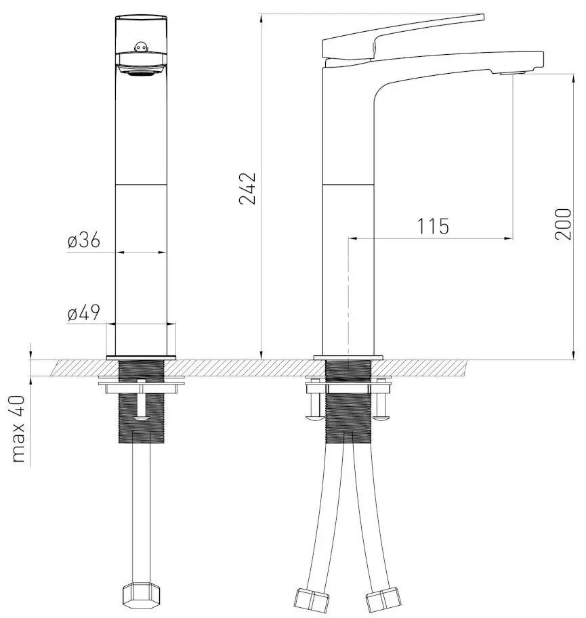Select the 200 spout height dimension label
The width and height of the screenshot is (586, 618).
[564, 223]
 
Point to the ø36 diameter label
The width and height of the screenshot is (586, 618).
[84, 240]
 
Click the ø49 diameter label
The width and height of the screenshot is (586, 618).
[84, 313]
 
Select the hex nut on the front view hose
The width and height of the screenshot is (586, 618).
[141, 596]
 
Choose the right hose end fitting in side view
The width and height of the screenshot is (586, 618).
[383, 600]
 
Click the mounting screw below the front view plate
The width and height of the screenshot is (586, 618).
[141, 406]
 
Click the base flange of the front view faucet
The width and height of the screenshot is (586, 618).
[141, 356]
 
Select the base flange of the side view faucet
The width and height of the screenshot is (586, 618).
[348, 357]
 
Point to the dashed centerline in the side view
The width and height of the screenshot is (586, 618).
[348, 298]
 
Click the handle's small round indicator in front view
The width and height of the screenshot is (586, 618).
[141, 47]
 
